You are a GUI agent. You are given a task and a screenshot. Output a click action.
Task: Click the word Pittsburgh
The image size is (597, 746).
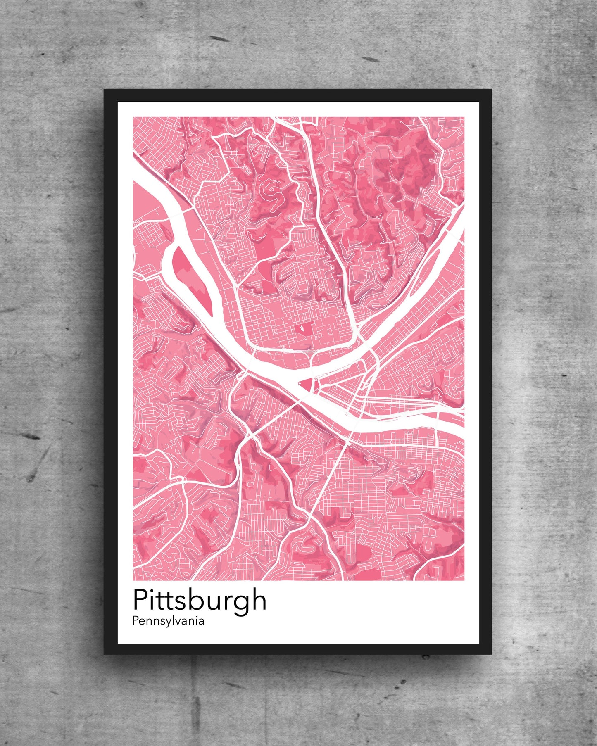pos(200,601)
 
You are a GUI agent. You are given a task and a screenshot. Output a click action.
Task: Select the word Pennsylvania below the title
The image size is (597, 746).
pos(168,621)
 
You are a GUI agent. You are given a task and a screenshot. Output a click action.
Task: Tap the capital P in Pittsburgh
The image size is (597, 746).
pos(140,600)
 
